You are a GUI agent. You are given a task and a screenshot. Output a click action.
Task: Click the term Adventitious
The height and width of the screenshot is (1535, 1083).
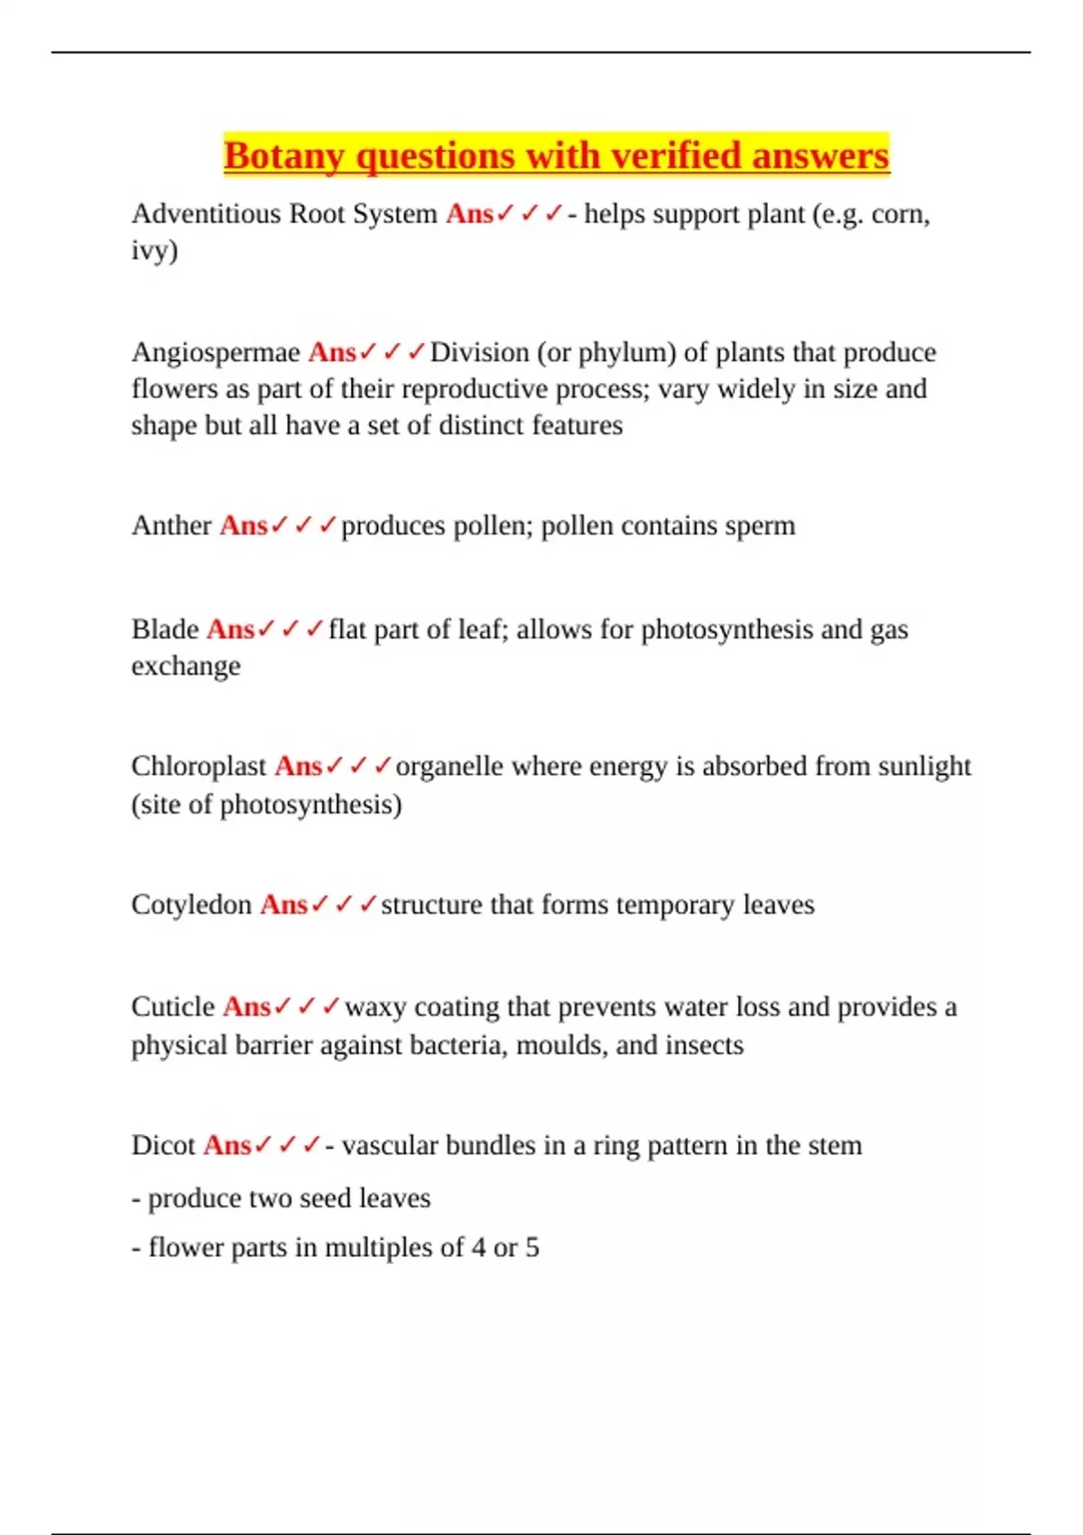tap(206, 214)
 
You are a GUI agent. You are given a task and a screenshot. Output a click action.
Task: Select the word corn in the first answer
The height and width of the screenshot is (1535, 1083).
tap(899, 214)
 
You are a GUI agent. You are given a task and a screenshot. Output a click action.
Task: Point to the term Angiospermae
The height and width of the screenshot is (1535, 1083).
tap(216, 352)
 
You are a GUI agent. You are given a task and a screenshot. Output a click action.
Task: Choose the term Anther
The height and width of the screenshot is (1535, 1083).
tap(171, 526)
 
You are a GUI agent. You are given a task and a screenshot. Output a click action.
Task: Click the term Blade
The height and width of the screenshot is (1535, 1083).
tap(165, 629)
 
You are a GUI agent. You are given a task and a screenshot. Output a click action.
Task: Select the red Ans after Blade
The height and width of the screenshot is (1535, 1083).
tap(230, 629)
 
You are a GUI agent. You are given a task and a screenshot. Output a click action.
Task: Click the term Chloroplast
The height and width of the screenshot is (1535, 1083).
tap(199, 767)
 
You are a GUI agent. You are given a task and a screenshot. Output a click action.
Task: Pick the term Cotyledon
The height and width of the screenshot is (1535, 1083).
tap(191, 905)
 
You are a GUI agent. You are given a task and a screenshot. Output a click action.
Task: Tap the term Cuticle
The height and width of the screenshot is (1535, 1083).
tap(173, 1007)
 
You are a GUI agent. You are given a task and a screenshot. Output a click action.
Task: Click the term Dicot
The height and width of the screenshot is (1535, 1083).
tap(163, 1146)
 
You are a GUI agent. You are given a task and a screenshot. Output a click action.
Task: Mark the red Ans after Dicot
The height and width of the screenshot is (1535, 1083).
tap(227, 1146)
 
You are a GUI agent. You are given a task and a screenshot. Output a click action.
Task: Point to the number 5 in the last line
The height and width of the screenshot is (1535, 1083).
tap(532, 1248)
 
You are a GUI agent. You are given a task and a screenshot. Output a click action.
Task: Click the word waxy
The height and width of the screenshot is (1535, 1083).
tap(375, 1007)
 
